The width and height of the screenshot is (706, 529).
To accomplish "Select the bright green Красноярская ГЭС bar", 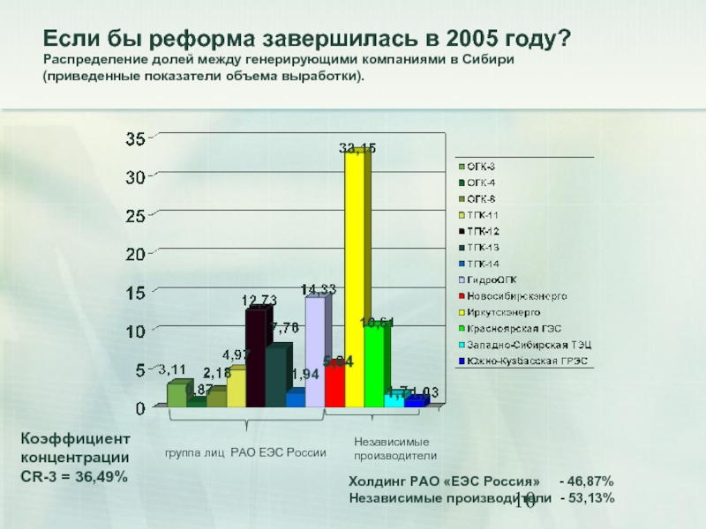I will [x=374, y=366].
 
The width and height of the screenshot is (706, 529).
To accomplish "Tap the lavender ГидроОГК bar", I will [x=315, y=353].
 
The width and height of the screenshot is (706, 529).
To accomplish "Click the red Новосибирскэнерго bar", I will [x=334, y=386].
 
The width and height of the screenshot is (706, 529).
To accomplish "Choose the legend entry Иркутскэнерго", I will [x=504, y=311].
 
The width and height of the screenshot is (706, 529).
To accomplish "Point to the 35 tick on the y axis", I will [x=135, y=138].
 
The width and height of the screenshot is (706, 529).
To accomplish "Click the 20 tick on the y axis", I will [x=135, y=254].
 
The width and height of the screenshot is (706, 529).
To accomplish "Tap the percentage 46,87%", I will [x=586, y=481].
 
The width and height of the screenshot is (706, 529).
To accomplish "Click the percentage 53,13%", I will [x=587, y=498].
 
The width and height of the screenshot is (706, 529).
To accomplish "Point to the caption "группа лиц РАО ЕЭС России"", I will [x=245, y=452].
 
